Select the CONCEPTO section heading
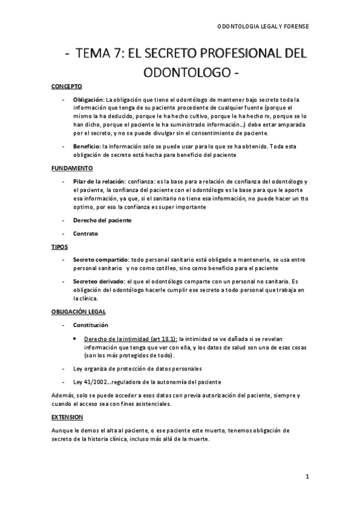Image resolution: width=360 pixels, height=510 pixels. [x=66, y=87]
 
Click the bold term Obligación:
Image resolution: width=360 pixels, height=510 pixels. [x=88, y=99]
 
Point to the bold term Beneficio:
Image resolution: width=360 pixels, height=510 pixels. [x=87, y=146]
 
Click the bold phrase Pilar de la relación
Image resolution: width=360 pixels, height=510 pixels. [x=99, y=181]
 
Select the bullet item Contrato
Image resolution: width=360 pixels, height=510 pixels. [x=86, y=233]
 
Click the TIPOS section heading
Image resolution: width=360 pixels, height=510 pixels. [x=59, y=247]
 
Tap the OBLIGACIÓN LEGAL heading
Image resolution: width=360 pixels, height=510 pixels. [x=78, y=312]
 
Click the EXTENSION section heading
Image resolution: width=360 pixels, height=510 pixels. [x=67, y=417]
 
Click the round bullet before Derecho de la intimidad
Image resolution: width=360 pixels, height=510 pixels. [x=74, y=338]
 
